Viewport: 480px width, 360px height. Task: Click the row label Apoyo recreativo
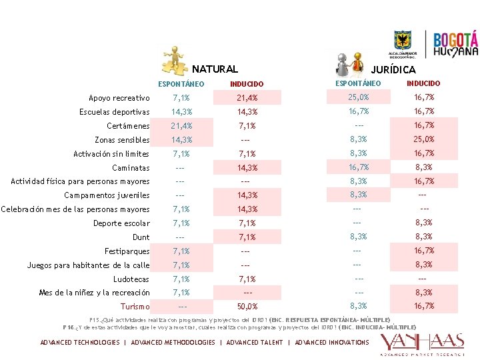[x=119, y=98]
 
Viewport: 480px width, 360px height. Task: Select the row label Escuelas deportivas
[x=114, y=112]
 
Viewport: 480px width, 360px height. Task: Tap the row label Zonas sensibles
[x=122, y=140]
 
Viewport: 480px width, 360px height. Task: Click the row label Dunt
[x=141, y=237]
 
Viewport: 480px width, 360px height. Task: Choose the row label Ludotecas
[x=131, y=279]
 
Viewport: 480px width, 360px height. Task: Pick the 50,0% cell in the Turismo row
[x=247, y=307]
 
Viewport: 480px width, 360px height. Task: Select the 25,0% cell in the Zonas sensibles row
[x=423, y=139]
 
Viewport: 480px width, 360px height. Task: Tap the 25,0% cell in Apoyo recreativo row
[x=358, y=97]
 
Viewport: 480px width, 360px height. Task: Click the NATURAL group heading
[x=215, y=69]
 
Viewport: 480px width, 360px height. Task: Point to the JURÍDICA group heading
[x=393, y=69]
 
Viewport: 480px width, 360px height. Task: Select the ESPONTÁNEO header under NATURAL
[x=181, y=84]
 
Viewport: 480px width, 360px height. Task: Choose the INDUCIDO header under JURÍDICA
[x=423, y=83]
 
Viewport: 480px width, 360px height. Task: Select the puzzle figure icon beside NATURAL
[x=175, y=61]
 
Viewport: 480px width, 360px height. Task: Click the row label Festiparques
[x=127, y=251]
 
